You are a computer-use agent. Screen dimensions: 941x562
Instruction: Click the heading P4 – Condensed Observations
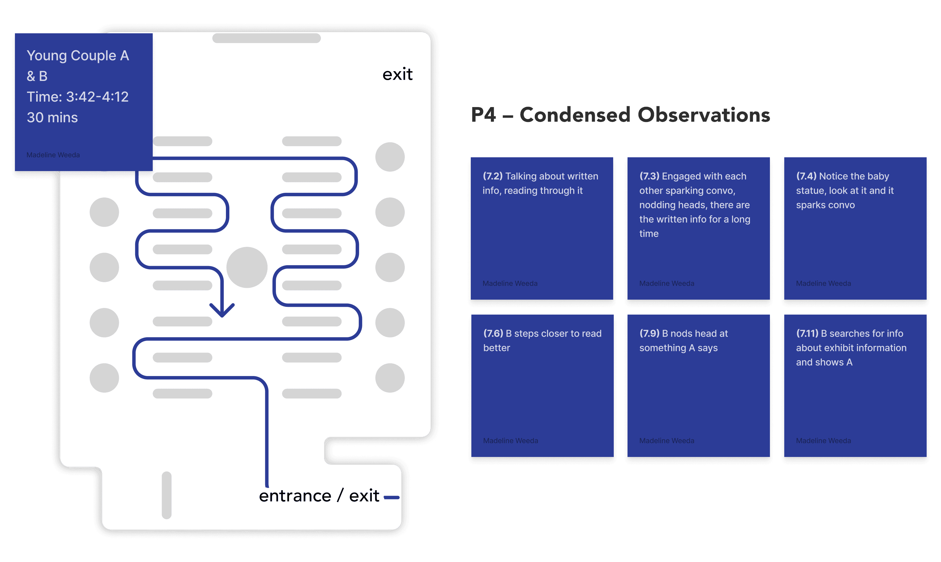620,115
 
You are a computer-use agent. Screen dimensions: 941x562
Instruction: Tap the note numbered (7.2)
541,228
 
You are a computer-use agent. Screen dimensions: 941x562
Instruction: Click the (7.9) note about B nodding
698,385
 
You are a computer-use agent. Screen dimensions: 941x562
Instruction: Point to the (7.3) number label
649,176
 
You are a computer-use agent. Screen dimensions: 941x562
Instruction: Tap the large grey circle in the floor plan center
247,268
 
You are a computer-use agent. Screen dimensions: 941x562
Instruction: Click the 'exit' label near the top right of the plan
397,74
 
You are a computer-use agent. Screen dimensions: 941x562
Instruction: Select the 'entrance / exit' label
319,496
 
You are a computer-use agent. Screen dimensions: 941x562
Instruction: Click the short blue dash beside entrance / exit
392,497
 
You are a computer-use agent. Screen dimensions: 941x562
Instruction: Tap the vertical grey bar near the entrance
166,495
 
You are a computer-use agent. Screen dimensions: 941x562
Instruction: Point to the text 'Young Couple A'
78,56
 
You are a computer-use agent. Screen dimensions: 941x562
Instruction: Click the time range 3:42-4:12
97,97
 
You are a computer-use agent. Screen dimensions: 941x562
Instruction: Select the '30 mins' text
52,118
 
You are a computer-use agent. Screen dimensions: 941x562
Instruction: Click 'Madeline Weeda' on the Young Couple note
53,155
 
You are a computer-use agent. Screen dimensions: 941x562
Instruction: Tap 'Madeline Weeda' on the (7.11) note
823,440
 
